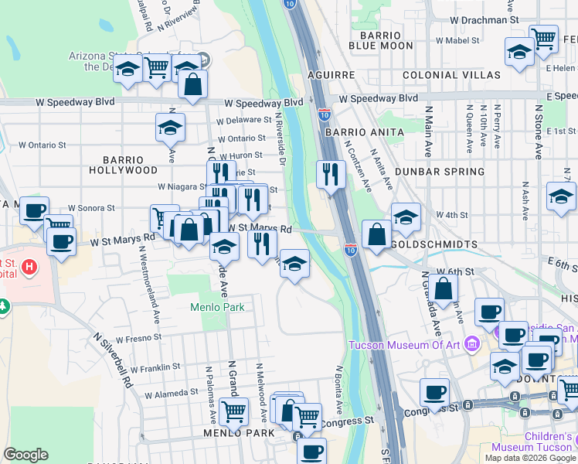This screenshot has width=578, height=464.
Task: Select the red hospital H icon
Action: pyautogui.click(x=29, y=268)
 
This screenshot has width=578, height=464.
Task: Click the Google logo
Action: pyautogui.click(x=25, y=455)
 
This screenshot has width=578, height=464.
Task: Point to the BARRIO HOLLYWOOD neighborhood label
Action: pyautogui.click(x=123, y=164)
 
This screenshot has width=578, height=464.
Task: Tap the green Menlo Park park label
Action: pyautogui.click(x=217, y=307)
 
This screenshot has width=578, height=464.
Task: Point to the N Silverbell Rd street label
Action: pyautogui.click(x=114, y=360)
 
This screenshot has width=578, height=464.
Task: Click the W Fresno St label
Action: pyautogui.click(x=138, y=339)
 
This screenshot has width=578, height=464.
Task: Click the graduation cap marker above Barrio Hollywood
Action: pyautogui.click(x=170, y=127)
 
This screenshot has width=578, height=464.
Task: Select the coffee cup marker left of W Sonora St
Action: pyautogui.click(x=34, y=210)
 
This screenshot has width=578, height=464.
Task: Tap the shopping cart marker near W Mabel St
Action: pyautogui.click(x=544, y=38)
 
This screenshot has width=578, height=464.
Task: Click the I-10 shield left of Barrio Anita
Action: pyautogui.click(x=325, y=114)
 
